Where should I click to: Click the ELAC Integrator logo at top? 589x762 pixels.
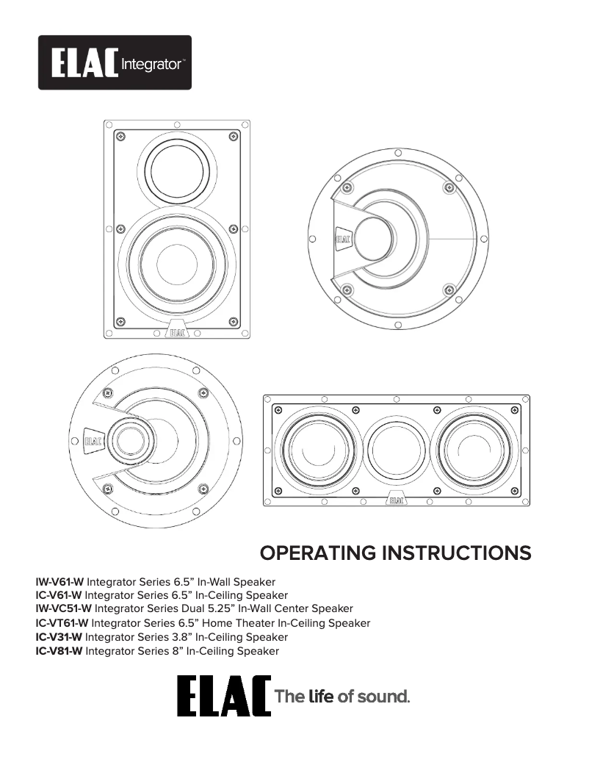[x=115, y=63]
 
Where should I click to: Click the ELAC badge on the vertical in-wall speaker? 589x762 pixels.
[x=177, y=331]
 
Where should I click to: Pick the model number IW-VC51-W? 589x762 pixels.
[x=64, y=608]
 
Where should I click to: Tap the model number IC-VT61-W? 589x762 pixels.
[x=62, y=623]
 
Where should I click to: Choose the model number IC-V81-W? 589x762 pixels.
[x=59, y=651]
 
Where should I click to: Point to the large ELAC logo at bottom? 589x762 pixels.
[x=223, y=696]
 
